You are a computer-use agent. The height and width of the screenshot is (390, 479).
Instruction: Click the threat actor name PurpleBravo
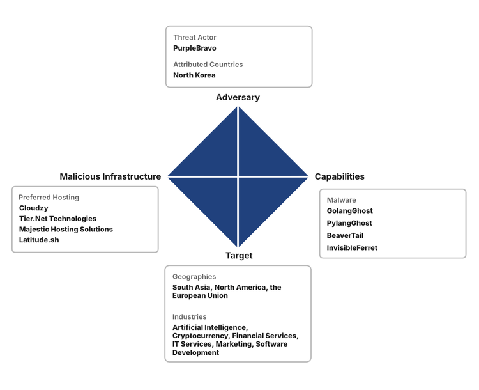195,48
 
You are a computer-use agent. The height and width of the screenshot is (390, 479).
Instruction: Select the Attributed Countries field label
208,65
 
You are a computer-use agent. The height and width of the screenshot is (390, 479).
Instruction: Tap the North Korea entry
194,75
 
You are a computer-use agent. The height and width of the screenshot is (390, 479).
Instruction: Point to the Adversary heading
238,97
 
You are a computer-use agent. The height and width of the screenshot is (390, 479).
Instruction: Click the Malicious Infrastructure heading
110,176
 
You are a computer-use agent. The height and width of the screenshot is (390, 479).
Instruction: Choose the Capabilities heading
339,176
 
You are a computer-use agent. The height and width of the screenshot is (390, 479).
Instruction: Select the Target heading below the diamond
238,256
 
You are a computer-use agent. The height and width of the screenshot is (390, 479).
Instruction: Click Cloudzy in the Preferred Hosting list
33,208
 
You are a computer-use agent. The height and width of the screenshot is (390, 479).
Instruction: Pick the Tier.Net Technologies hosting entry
57,219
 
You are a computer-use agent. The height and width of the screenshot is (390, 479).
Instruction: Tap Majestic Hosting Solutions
66,229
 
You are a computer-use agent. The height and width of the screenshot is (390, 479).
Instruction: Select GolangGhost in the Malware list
349,211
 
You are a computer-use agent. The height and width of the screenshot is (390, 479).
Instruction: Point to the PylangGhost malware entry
349,223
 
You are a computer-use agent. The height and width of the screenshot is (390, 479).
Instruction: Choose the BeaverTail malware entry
345,235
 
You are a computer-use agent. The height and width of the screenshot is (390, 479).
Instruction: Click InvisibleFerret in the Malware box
352,247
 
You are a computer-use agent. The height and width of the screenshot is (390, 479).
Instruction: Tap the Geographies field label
194,277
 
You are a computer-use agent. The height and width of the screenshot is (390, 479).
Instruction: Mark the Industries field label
189,316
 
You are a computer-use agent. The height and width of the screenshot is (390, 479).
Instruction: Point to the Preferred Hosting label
49,198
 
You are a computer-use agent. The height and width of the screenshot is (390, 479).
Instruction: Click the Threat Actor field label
194,38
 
